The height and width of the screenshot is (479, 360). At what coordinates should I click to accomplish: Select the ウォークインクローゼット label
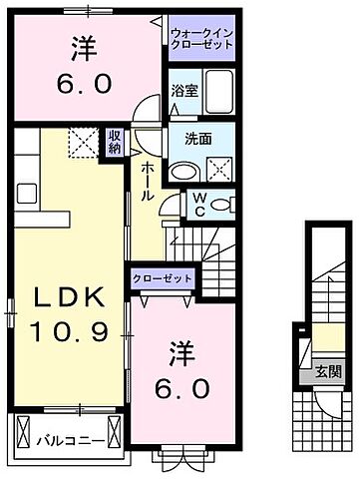pyautogui.click(x=200, y=37)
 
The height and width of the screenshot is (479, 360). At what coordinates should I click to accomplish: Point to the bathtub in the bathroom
pyautogui.click(x=214, y=96)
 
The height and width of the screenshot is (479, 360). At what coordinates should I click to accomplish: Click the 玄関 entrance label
pyautogui.click(x=328, y=373)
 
